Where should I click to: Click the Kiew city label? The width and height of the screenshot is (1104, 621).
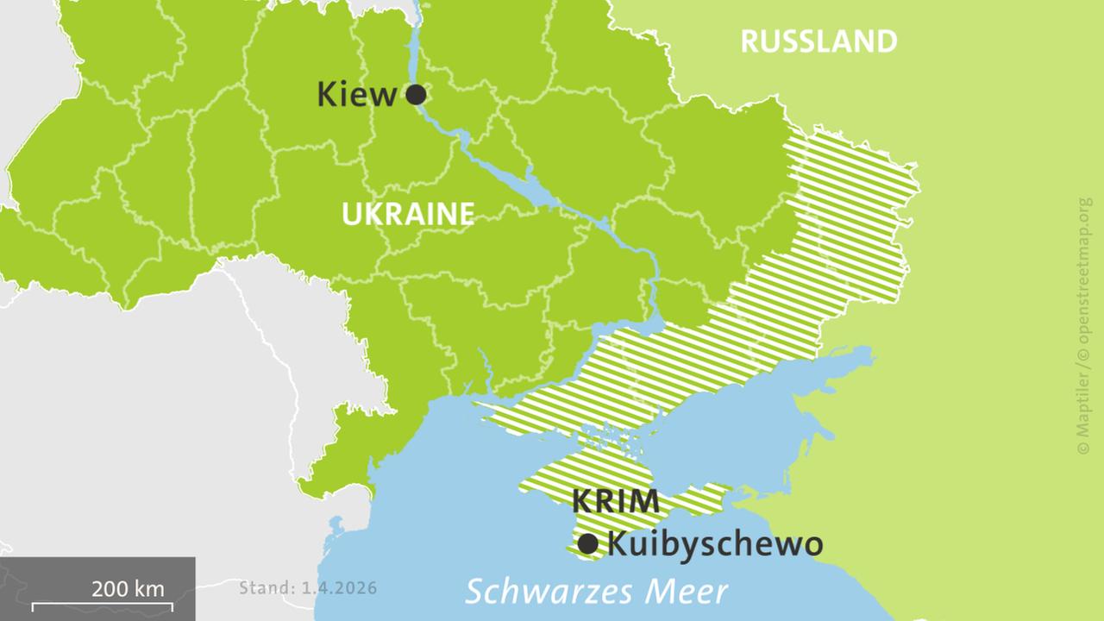tap(356, 94)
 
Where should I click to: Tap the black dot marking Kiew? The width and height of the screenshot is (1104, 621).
tap(416, 94)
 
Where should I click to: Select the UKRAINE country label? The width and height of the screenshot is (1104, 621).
tap(408, 214)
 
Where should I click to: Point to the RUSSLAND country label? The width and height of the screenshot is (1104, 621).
tap(819, 41)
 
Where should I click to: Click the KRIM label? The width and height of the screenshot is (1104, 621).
tap(616, 501)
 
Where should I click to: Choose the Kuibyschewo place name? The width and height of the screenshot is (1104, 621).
tap(715, 544)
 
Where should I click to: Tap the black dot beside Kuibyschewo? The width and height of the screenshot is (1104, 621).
tap(588, 544)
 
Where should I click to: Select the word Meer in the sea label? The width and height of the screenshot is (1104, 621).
tap(690, 592)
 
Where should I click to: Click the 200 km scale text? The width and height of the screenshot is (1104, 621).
tap(128, 589)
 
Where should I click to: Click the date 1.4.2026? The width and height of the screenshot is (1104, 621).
tap(339, 588)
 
